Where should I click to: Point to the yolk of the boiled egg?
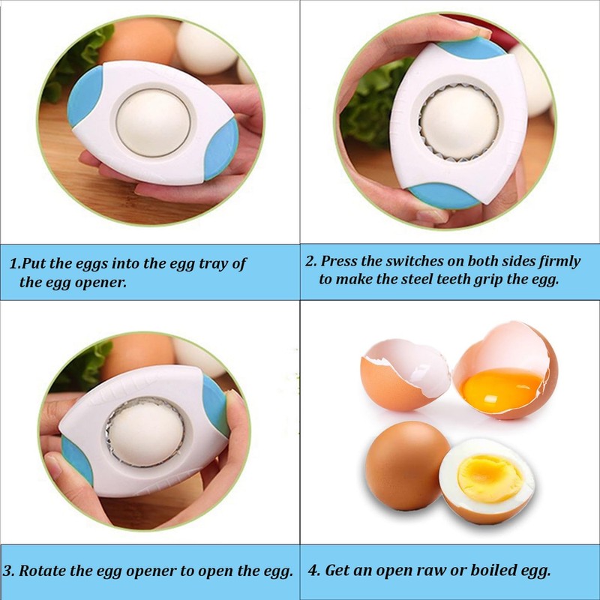[490, 478]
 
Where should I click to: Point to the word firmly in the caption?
[558, 262]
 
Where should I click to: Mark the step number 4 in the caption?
[310, 570]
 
